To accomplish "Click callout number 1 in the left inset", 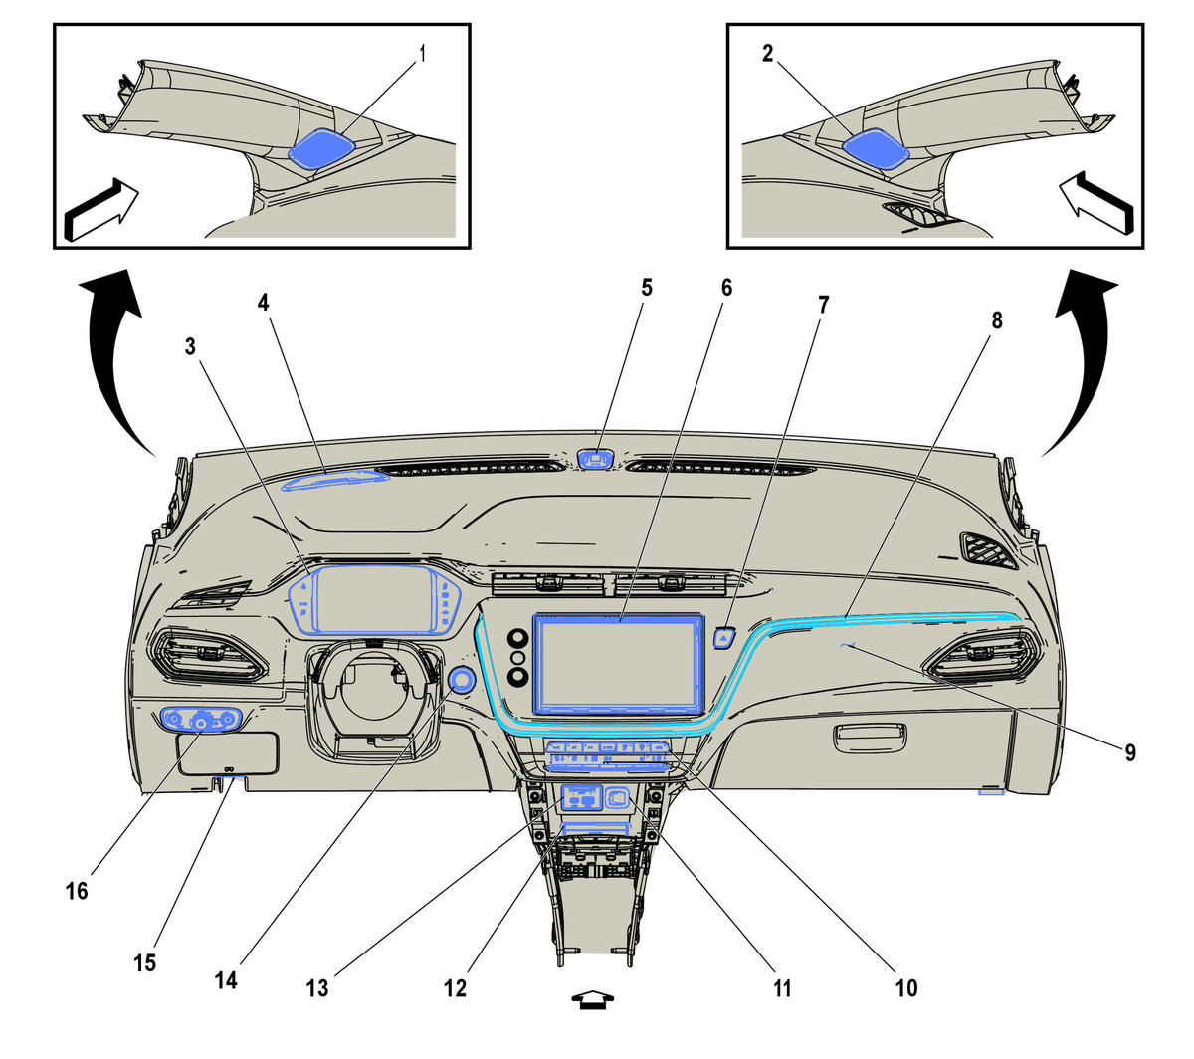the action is click(421, 54).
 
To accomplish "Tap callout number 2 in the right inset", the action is click(767, 54).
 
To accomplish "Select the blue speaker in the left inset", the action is click(322, 148).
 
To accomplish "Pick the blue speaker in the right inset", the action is click(876, 149).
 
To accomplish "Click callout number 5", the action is click(647, 288).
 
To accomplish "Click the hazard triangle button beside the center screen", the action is click(724, 638).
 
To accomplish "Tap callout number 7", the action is click(823, 305).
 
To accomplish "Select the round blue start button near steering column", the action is click(462, 681).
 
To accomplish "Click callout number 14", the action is click(226, 980).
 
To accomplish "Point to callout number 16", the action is click(77, 891).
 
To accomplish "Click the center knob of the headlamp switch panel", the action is click(201, 722).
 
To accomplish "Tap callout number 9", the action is click(1129, 752).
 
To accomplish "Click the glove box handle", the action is click(870, 739).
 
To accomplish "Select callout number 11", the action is click(782, 988).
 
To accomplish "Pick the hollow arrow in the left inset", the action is click(100, 210).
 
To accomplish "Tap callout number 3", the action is click(190, 346).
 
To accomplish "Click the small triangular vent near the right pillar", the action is click(988, 551).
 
